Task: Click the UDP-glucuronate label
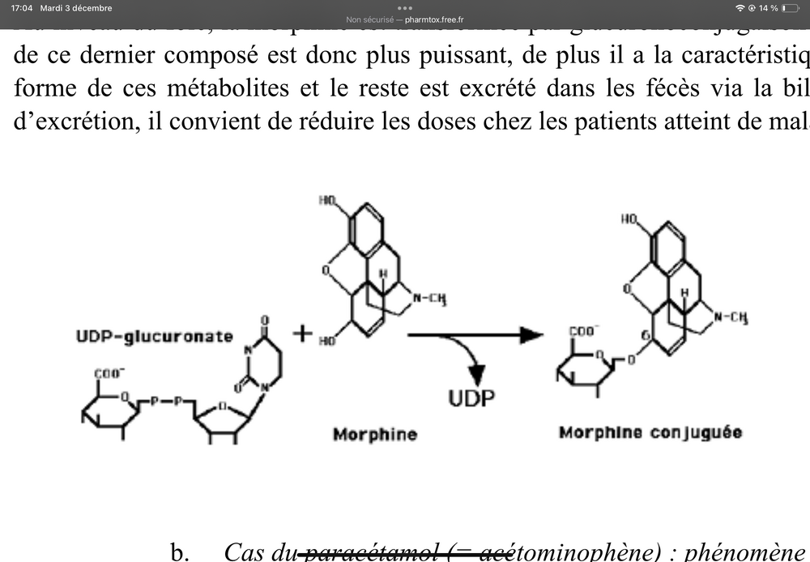click(155, 336)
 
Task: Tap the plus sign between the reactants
click(303, 333)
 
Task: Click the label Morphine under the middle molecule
click(375, 434)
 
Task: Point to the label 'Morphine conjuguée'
click(650, 432)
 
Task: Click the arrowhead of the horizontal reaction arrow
click(531, 334)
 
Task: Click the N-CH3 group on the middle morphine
click(430, 300)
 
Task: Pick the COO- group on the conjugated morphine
click(583, 331)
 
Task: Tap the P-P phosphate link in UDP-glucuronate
click(167, 400)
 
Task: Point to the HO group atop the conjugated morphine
click(631, 219)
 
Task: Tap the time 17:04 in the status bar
click(21, 8)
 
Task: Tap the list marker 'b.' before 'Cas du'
click(180, 552)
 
